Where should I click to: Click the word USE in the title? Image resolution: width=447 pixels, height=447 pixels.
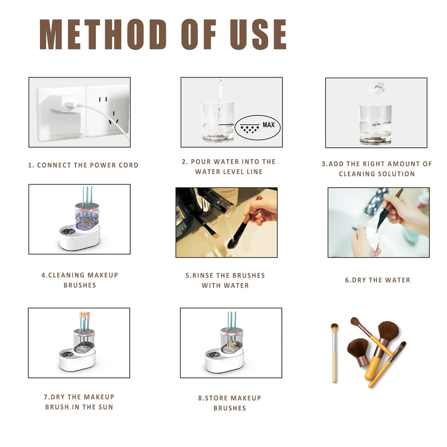pyautogui.click(x=258, y=34)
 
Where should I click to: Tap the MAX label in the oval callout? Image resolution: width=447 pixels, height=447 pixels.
pyautogui.click(x=269, y=125)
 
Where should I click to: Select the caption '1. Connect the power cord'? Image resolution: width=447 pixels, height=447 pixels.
pyautogui.click(x=83, y=165)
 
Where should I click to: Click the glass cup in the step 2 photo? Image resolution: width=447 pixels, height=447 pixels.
pyautogui.click(x=217, y=122)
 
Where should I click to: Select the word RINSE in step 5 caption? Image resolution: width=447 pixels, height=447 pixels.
pyautogui.click(x=205, y=275)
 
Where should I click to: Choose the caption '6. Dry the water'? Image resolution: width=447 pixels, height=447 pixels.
pyautogui.click(x=378, y=280)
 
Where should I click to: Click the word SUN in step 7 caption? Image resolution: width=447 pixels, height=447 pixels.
pyautogui.click(x=106, y=407)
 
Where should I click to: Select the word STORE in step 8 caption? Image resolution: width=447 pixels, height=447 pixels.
pyautogui.click(x=216, y=398)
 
